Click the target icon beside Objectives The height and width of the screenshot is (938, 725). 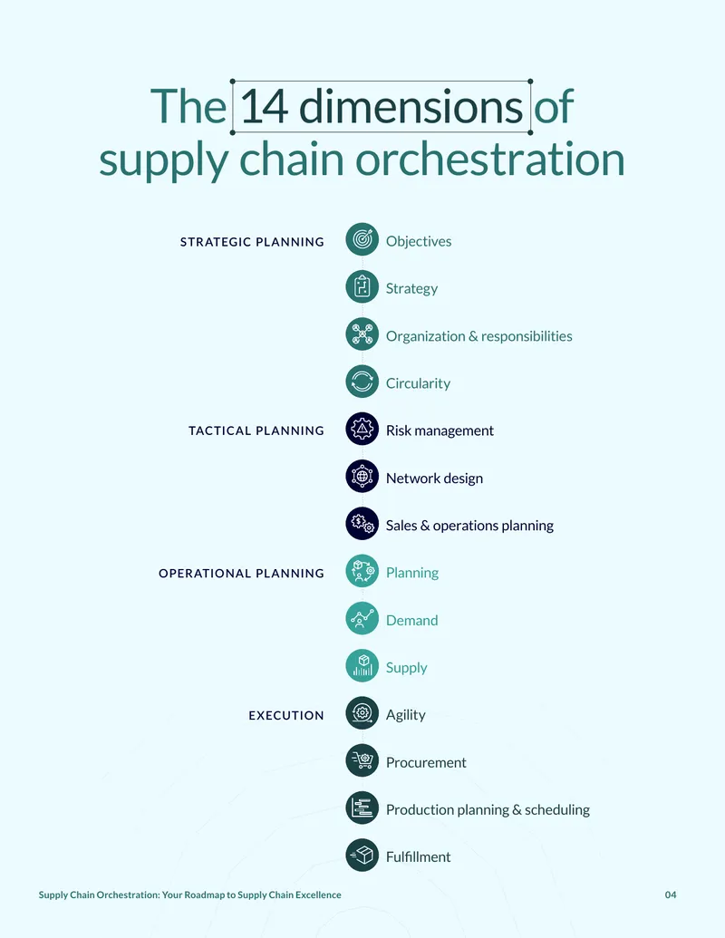(x=362, y=239)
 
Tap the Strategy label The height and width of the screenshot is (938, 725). (x=411, y=288)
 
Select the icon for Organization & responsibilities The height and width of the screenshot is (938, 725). (x=362, y=334)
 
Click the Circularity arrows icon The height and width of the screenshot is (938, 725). (x=362, y=381)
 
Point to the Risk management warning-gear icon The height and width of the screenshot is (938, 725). (x=362, y=429)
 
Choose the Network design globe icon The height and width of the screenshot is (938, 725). (x=362, y=476)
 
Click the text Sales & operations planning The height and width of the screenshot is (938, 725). (x=469, y=526)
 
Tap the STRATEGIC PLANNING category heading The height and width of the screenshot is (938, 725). (x=252, y=242)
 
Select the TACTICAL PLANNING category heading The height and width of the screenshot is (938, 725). (x=256, y=430)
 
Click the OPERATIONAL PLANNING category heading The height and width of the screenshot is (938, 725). (x=241, y=573)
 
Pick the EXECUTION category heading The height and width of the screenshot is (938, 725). (x=286, y=715)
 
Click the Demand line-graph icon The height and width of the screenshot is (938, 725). (x=362, y=618)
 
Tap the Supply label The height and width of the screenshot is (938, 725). (x=406, y=668)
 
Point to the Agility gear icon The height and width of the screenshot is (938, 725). (x=362, y=713)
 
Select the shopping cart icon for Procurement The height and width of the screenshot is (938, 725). (x=362, y=760)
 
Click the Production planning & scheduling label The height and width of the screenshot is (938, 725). (x=488, y=809)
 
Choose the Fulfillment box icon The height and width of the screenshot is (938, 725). (x=362, y=855)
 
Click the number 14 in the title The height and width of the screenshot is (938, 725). (x=265, y=106)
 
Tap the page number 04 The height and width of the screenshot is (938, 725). (x=671, y=894)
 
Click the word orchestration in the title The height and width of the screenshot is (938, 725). (x=490, y=160)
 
